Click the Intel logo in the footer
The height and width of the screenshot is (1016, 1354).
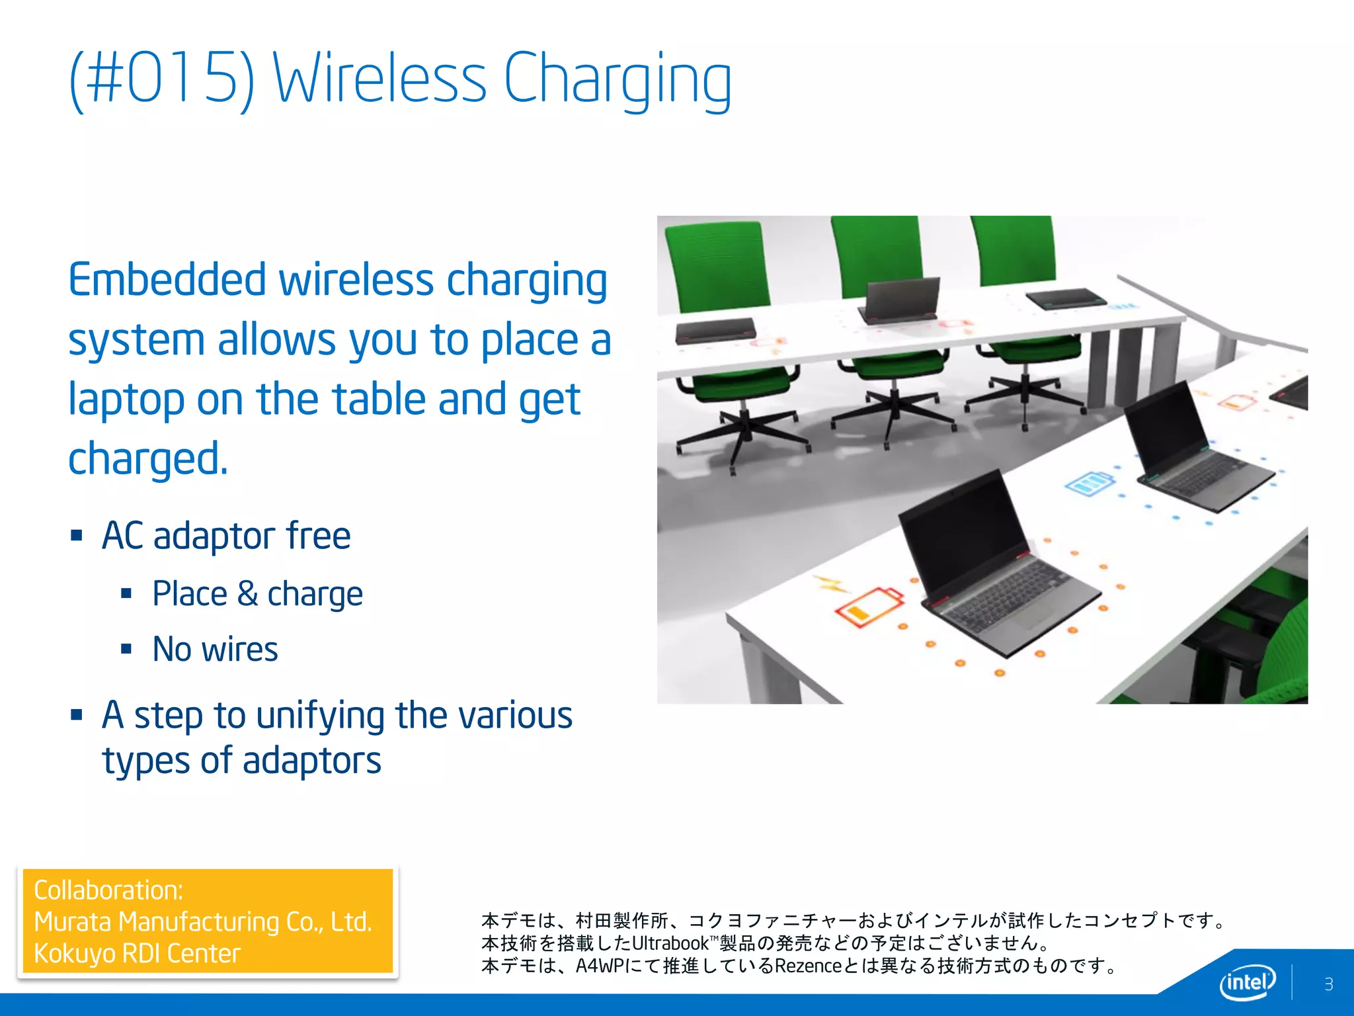[1247, 982]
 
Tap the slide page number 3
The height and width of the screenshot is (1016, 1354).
[1328, 984]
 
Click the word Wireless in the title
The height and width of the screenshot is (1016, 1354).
[379, 79]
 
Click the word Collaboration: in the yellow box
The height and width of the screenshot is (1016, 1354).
[108, 890]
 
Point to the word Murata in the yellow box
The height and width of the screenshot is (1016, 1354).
[72, 921]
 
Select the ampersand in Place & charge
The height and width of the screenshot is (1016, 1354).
[247, 593]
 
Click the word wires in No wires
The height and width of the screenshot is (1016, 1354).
[239, 649]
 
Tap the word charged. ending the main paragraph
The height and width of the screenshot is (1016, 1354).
[148, 458]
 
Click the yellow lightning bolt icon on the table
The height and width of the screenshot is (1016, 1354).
[830, 583]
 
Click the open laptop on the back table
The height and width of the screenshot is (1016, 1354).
[902, 300]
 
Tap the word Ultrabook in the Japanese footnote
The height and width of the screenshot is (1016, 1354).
[670, 943]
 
